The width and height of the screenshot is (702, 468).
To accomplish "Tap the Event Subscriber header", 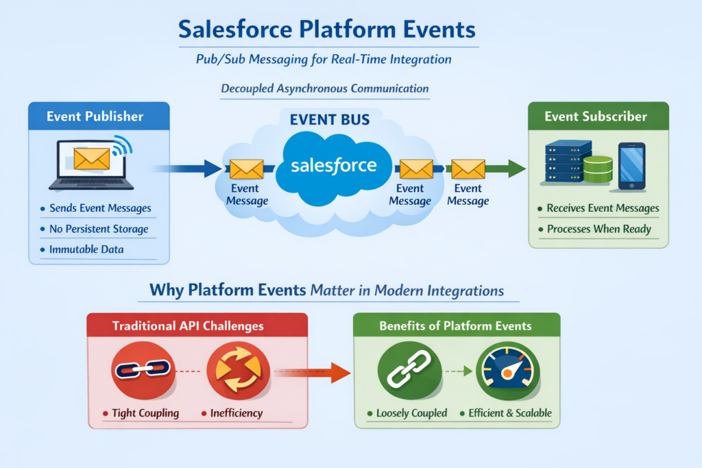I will (596, 116).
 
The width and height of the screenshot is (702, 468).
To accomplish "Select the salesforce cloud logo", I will (333, 165).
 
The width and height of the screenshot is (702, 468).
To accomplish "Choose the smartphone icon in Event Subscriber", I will (631, 167).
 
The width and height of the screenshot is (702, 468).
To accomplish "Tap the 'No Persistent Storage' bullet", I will (99, 229).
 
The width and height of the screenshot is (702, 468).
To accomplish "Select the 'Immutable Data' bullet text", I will (86, 249).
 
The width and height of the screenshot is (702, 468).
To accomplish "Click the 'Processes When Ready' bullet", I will (598, 229).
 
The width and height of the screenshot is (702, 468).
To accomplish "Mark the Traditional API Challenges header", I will (197, 325).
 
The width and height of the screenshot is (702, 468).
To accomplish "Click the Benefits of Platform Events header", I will (456, 325).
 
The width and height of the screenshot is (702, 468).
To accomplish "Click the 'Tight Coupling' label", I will (145, 413).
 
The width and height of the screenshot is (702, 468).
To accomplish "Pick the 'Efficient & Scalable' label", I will (510, 413).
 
